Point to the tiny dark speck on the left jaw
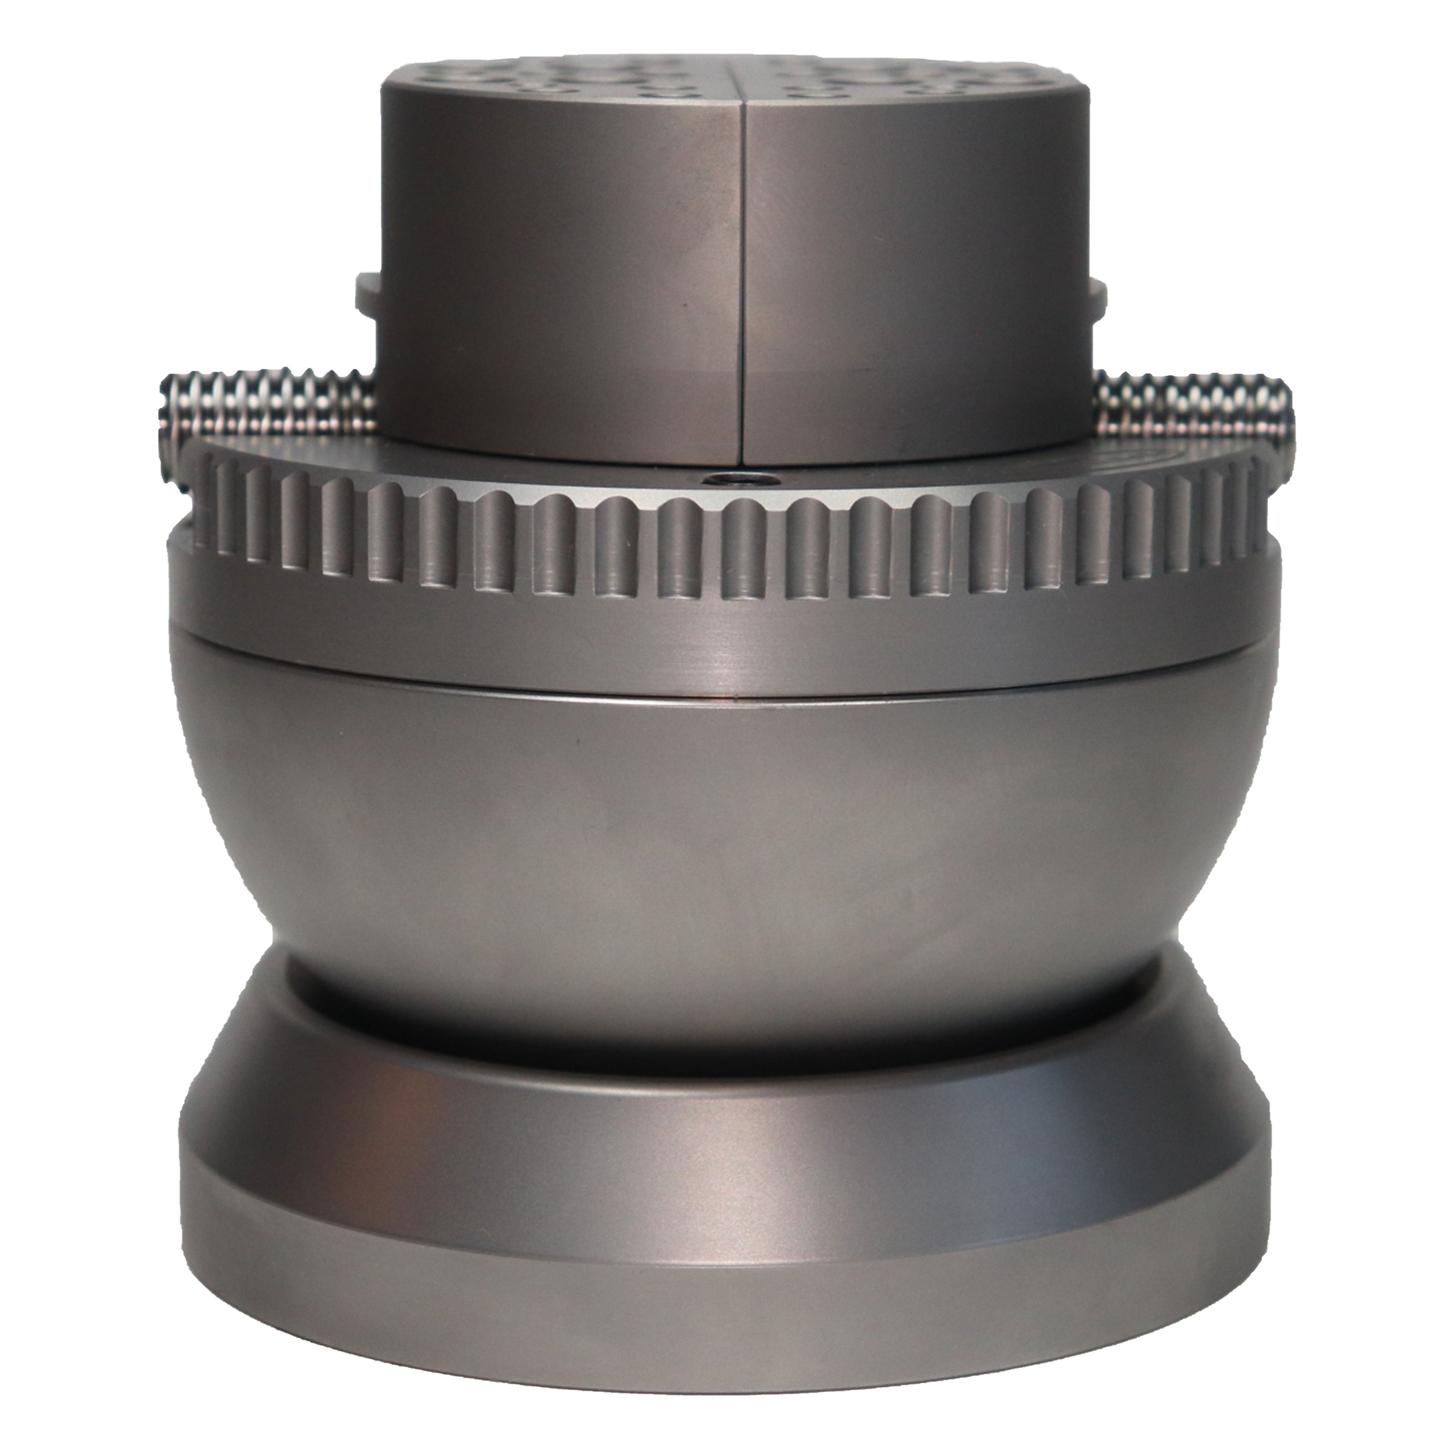tap(683, 306)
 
